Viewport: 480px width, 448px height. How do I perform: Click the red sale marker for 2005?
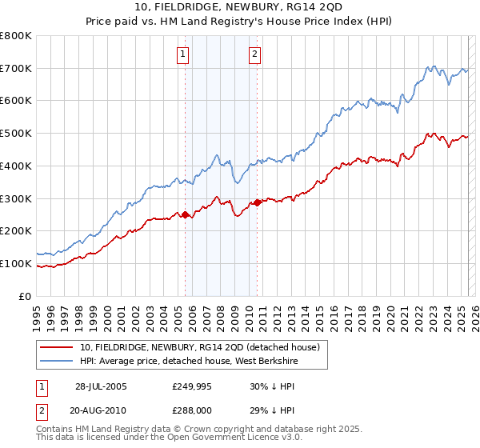pyautogui.click(x=186, y=214)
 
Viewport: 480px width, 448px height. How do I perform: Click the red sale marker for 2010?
pyautogui.click(x=257, y=202)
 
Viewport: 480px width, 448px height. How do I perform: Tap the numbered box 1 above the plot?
pyautogui.click(x=183, y=54)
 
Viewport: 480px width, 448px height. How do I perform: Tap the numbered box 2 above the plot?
pyautogui.click(x=254, y=54)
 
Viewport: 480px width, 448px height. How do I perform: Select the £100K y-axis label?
pyautogui.click(x=17, y=263)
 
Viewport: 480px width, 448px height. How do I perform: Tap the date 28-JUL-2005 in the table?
pyautogui.click(x=101, y=386)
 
